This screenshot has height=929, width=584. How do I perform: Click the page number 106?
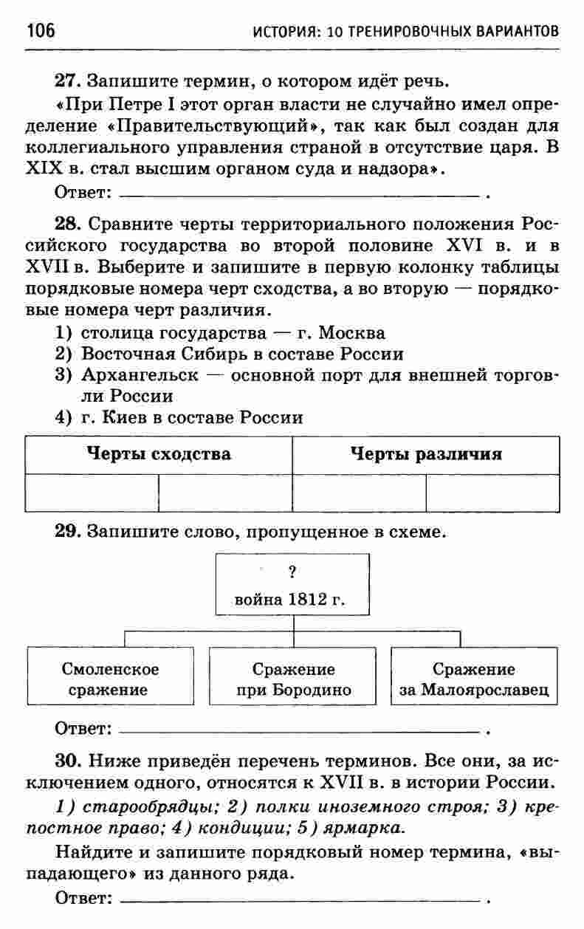tap(41, 31)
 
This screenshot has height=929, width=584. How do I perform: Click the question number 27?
tap(67, 79)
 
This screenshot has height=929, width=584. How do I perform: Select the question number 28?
tap(67, 224)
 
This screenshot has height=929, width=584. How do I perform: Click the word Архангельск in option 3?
tap(140, 374)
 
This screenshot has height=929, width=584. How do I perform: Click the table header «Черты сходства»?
tap(159, 453)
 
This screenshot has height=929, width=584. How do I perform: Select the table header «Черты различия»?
tap(425, 453)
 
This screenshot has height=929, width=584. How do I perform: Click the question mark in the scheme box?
tap(293, 570)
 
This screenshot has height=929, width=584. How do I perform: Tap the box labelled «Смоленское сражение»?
tap(111, 679)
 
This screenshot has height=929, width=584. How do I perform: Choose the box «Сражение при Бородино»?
tap(293, 679)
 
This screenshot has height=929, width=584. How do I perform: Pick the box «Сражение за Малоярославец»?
tap(473, 679)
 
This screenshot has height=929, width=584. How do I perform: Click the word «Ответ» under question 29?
tap(81, 730)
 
